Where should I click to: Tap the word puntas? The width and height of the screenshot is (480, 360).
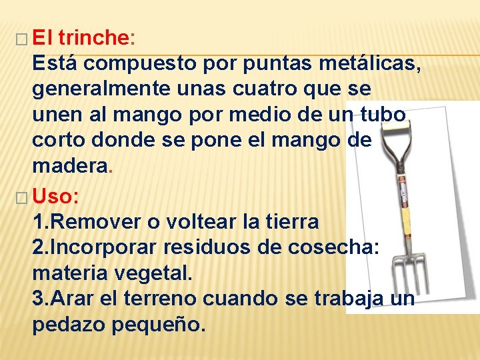pyautogui.click(x=268, y=63)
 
